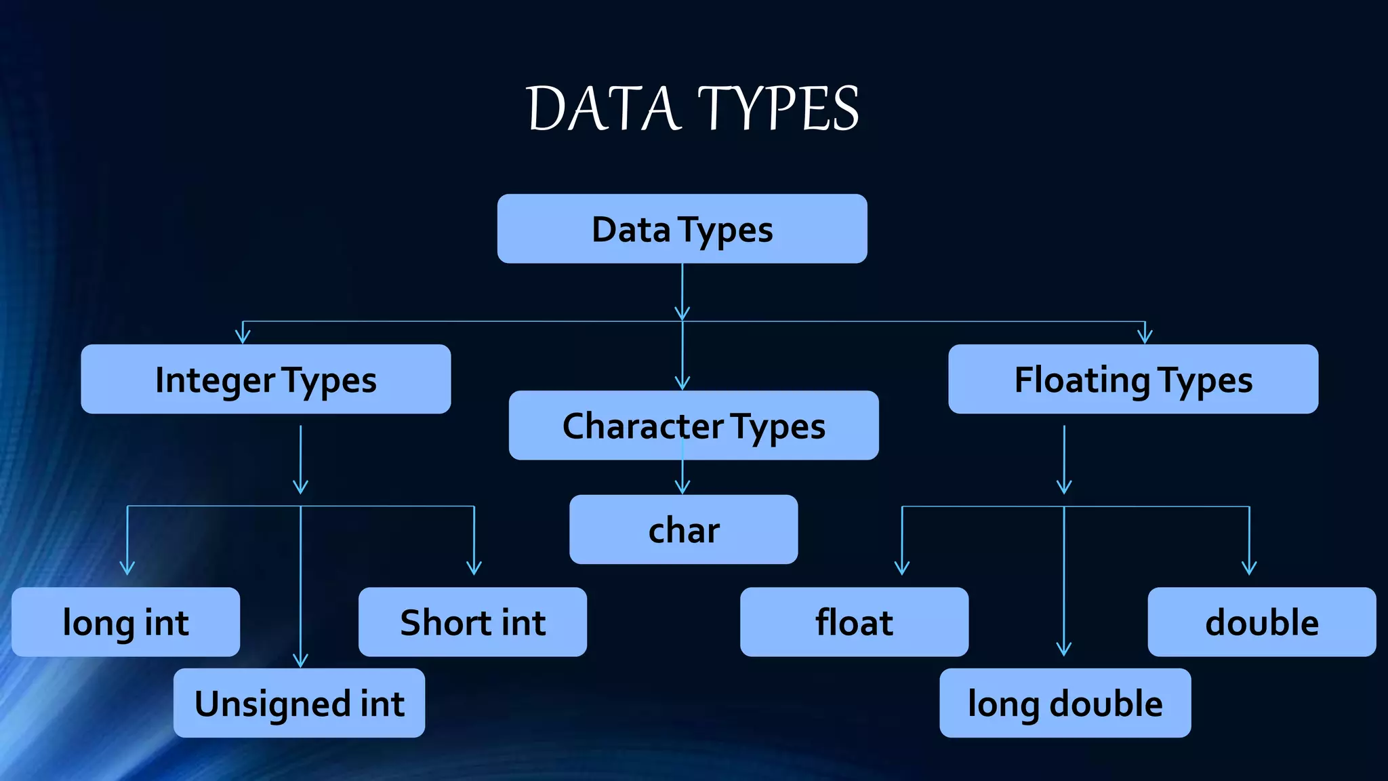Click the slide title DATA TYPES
(693, 108)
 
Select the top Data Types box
(682, 229)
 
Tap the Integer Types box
(266, 379)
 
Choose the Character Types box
(693, 425)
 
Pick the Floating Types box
(1132, 379)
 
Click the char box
(683, 529)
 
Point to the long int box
(125, 622)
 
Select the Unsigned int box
(299, 703)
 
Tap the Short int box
(472, 622)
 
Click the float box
(854, 622)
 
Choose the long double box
(1065, 703)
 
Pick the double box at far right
(1261, 622)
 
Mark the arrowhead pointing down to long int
(127, 568)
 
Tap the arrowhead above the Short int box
(474, 568)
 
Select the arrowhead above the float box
(902, 568)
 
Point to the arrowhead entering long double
(1064, 649)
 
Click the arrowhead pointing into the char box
(682, 487)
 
